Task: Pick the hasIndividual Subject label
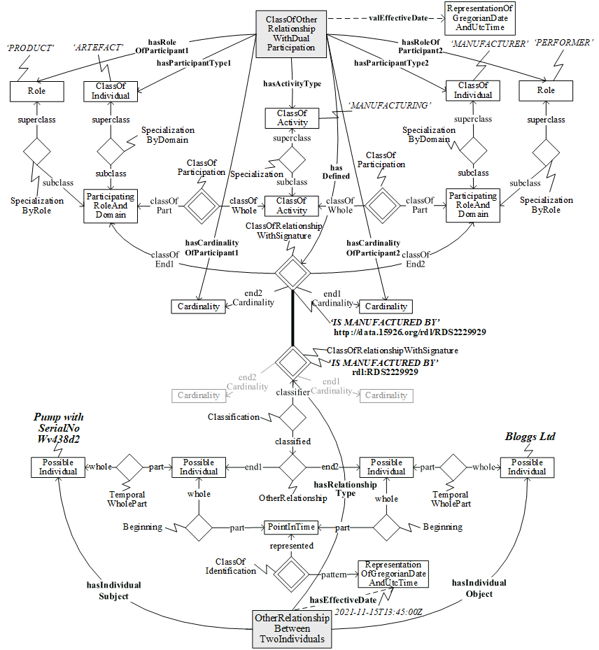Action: point(113,591)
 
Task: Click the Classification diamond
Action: point(292,418)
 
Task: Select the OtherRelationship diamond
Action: point(292,467)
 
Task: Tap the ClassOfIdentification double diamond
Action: point(292,574)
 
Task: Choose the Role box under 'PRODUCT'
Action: point(36,91)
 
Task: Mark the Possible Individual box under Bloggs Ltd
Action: point(526,467)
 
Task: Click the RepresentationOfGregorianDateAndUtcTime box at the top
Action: point(480,18)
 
